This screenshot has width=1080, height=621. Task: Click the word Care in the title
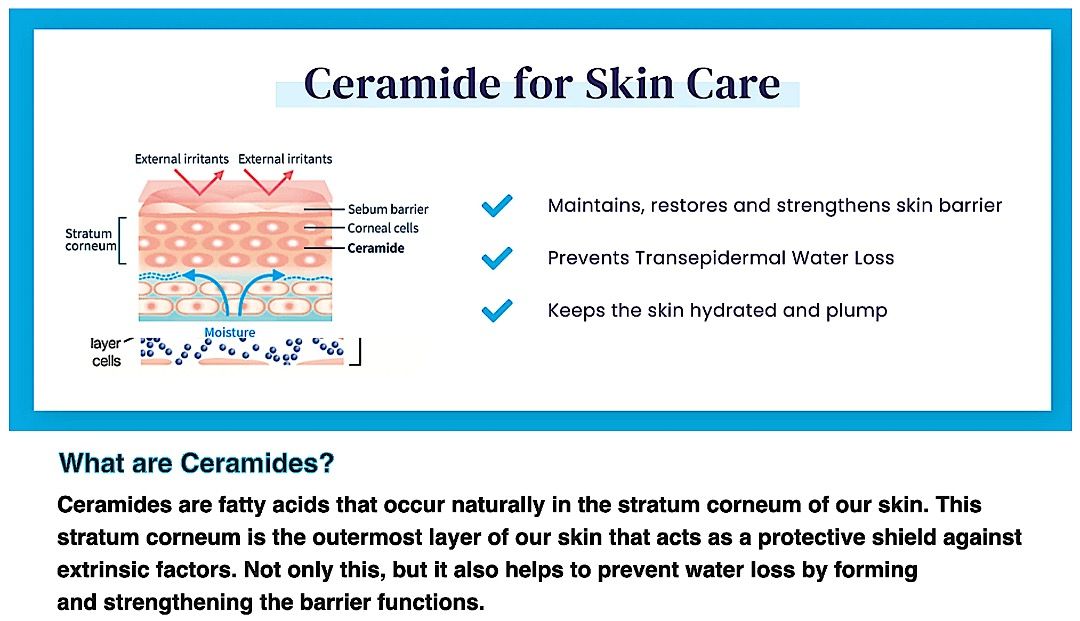732,83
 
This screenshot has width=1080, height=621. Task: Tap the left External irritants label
182,159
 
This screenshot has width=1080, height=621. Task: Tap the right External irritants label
285,159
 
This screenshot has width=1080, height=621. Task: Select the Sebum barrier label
388,210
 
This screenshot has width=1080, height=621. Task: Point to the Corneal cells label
383,229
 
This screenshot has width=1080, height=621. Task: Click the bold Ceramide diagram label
376,248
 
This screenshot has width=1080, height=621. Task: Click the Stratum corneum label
90,240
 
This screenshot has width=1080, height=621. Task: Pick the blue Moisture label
230,332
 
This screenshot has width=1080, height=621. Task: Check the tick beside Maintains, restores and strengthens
496,206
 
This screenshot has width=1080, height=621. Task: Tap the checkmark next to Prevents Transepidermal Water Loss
496,258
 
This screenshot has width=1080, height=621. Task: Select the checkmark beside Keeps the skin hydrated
496,310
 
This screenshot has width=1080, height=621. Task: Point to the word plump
858,310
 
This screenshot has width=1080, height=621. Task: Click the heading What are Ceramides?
196,464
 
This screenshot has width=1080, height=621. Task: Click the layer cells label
107,352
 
